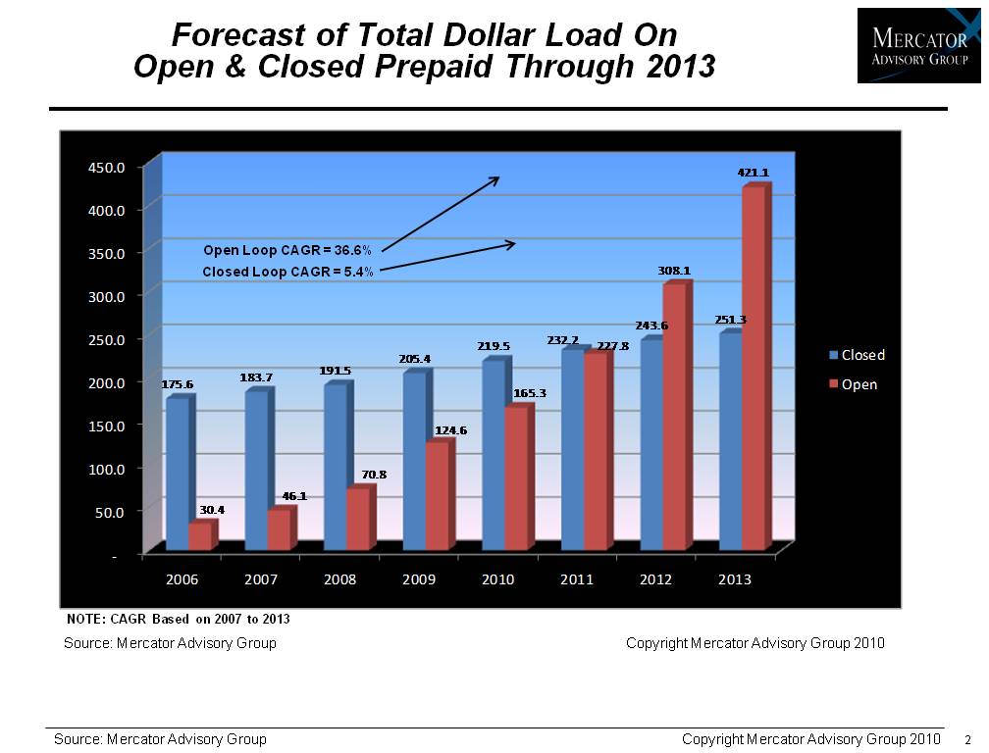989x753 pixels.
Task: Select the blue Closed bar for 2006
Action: pos(178,474)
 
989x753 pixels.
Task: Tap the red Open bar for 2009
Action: pos(437,496)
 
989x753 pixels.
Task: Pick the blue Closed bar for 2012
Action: pos(651,444)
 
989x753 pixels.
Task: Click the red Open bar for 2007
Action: pos(279,529)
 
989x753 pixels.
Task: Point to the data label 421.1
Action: pos(754,173)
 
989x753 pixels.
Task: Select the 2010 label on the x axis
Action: pos(498,579)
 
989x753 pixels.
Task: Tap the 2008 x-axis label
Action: pos(339,579)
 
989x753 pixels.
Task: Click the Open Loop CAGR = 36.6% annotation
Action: pos(287,250)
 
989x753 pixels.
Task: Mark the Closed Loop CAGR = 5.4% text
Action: pos(287,272)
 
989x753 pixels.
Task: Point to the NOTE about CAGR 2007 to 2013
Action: pos(178,620)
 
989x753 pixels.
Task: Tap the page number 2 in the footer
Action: pos(968,739)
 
